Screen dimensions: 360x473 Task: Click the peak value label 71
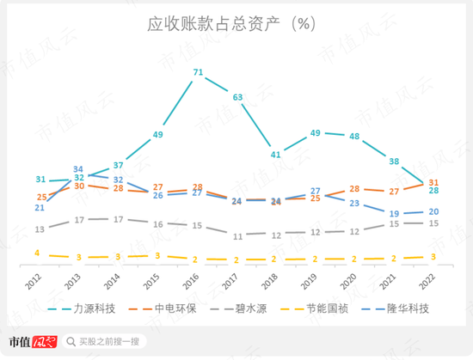[199, 72]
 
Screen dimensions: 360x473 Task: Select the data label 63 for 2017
[237, 97]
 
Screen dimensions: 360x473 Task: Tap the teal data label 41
[276, 155]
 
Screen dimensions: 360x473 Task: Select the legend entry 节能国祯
[340, 308]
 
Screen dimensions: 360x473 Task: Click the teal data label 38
[394, 162]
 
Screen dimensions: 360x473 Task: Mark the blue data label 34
[78, 169]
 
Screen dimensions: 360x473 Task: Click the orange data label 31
[434, 182]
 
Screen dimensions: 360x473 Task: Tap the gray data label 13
[40, 229]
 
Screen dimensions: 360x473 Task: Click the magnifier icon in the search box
[72, 342]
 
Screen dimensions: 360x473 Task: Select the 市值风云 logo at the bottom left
[32, 342]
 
